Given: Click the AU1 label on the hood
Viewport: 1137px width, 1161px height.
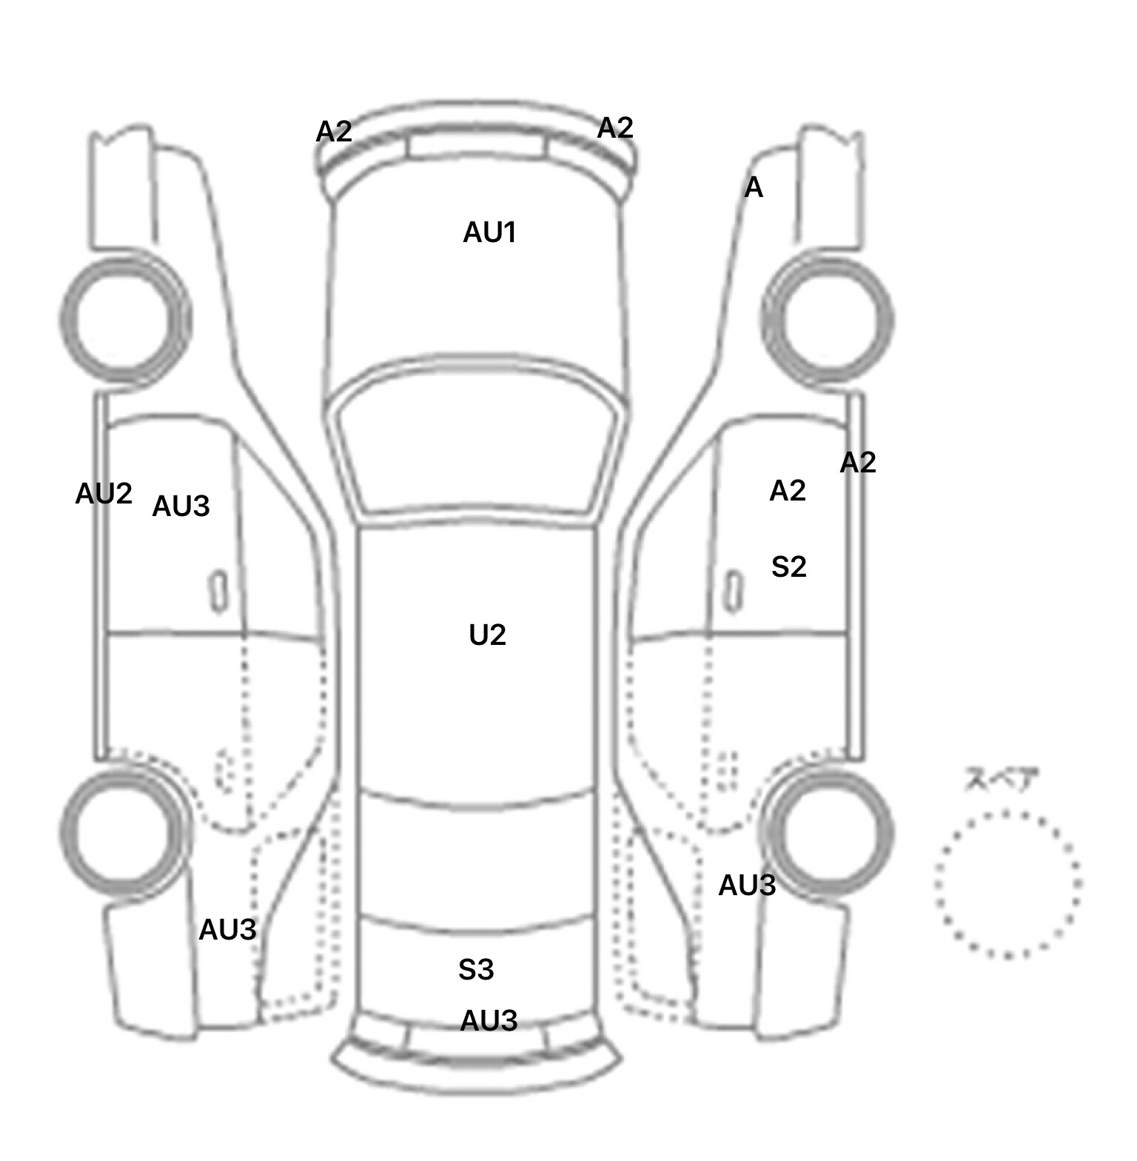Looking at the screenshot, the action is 489,232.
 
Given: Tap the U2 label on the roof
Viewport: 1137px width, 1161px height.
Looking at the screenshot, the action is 488,635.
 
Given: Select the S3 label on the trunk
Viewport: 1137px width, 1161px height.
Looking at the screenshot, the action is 476,969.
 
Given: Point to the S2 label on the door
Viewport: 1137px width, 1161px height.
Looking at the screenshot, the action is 788,567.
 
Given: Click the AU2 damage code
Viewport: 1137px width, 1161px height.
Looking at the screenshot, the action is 104,494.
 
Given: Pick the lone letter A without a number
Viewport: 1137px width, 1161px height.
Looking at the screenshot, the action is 754,188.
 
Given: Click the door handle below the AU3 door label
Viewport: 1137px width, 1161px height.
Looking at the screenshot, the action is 219,592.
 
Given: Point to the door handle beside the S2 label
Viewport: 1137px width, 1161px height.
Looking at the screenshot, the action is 733,592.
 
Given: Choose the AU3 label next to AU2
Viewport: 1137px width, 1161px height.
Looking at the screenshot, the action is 181,506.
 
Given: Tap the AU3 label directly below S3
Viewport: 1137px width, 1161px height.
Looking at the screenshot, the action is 489,1021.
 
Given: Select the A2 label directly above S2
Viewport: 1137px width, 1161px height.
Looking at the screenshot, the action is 788,491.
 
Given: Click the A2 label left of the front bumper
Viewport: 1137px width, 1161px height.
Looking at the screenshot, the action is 334,132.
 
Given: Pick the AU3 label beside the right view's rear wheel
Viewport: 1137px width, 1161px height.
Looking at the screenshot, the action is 747,886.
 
